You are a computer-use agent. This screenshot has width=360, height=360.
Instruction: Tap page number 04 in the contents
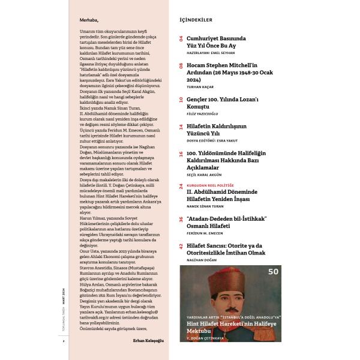(181, 37)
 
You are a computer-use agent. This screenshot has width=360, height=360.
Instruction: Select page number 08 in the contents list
(181, 64)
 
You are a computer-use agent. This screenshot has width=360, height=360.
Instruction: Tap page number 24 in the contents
(181, 187)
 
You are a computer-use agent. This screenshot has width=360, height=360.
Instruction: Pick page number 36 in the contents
(181, 218)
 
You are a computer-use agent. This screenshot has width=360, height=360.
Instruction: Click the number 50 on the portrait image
(273, 272)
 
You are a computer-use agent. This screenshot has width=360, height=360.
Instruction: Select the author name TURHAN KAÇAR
(200, 86)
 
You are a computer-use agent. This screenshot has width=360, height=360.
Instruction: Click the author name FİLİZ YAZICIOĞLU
(205, 114)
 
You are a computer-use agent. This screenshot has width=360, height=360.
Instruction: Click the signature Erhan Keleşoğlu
(148, 340)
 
